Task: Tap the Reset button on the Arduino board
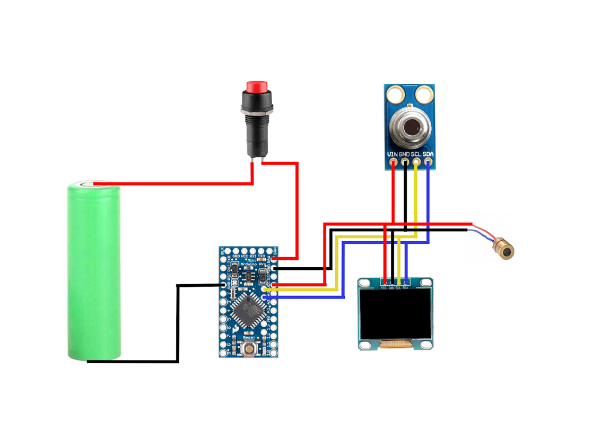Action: [x=249, y=349]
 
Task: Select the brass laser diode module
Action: [x=504, y=249]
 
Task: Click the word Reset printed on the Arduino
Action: [x=249, y=337]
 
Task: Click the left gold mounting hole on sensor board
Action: [x=395, y=95]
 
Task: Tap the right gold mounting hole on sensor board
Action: [x=424, y=95]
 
